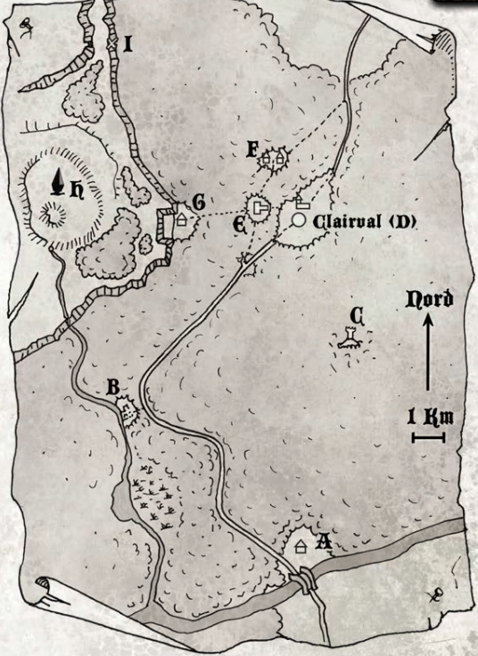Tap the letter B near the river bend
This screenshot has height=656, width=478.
click(113, 386)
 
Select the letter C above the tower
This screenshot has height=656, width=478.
click(356, 315)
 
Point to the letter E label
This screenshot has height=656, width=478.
click(239, 224)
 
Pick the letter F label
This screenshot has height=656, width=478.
click(252, 149)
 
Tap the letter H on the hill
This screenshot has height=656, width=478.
click(78, 189)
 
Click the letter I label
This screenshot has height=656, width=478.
click(128, 43)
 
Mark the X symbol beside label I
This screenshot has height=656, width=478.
click(111, 41)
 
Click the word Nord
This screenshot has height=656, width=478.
click(430, 299)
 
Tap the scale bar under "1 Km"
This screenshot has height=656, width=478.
click(429, 436)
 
